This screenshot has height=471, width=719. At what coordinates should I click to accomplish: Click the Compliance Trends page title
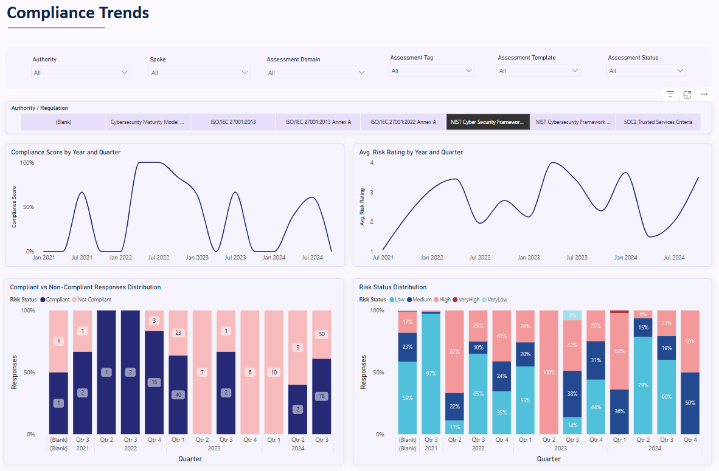(x=78, y=13)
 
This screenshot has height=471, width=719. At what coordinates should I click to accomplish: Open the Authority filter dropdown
(x=81, y=72)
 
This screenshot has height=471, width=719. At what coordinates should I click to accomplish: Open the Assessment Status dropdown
(x=646, y=70)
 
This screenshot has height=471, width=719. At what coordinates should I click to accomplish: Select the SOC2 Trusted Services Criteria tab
(x=658, y=122)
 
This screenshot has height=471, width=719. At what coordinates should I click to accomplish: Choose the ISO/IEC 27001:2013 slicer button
(x=233, y=122)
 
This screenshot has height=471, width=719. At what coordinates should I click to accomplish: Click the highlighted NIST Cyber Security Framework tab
(x=487, y=122)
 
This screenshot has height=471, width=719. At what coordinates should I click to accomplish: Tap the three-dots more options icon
(x=704, y=94)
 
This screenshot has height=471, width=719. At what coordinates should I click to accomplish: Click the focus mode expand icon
(x=687, y=94)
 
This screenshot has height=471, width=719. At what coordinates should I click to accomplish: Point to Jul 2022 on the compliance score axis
(x=159, y=258)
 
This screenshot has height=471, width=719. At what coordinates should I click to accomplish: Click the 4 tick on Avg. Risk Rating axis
(x=371, y=163)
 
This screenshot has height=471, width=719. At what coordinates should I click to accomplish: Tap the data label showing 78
(x=321, y=396)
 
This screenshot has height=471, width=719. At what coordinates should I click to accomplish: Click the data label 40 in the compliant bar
(x=178, y=394)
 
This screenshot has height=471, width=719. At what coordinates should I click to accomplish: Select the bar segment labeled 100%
(x=549, y=373)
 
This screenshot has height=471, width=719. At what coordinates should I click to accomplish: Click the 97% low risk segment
(x=431, y=374)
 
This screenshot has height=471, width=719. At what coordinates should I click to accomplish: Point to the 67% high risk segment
(x=454, y=352)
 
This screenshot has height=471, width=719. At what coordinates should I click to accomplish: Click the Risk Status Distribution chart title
(x=392, y=287)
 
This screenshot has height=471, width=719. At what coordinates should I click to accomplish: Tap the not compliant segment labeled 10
(x=274, y=373)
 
